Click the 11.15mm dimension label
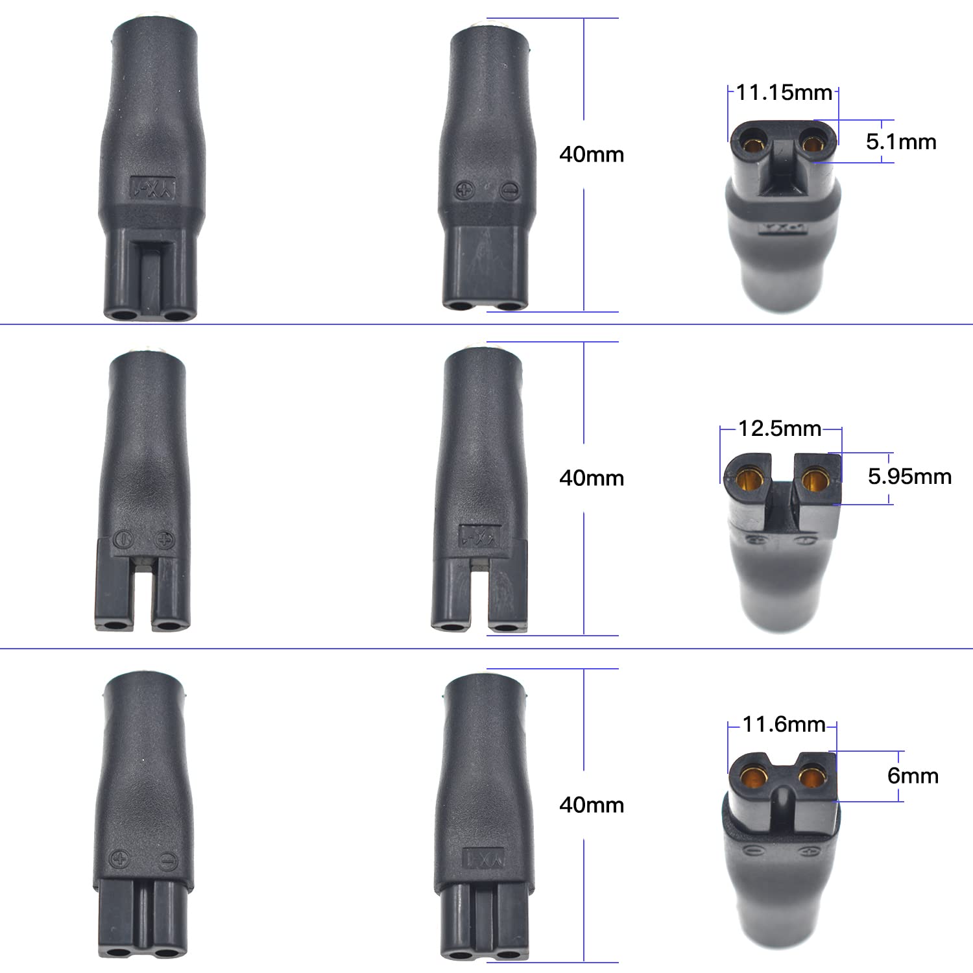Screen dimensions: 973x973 pos(784,93)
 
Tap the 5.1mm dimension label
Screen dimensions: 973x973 pos(901,142)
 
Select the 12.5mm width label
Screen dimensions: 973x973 pos(780,429)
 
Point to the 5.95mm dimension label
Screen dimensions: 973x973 pos(909,477)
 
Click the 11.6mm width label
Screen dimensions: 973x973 pos(784,725)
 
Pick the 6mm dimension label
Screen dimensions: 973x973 pos(913,776)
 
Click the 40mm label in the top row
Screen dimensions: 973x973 pos(592,155)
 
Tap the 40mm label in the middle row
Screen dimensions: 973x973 pos(592,479)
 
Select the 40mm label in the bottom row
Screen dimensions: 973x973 pos(592,806)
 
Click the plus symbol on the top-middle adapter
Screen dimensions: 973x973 pos(465,191)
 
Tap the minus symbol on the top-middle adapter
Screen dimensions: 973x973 pos(510,191)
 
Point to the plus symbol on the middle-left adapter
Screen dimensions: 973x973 pos(165,539)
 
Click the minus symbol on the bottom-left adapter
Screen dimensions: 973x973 pos(167,861)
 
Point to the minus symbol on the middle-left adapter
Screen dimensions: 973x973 pos(123,539)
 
